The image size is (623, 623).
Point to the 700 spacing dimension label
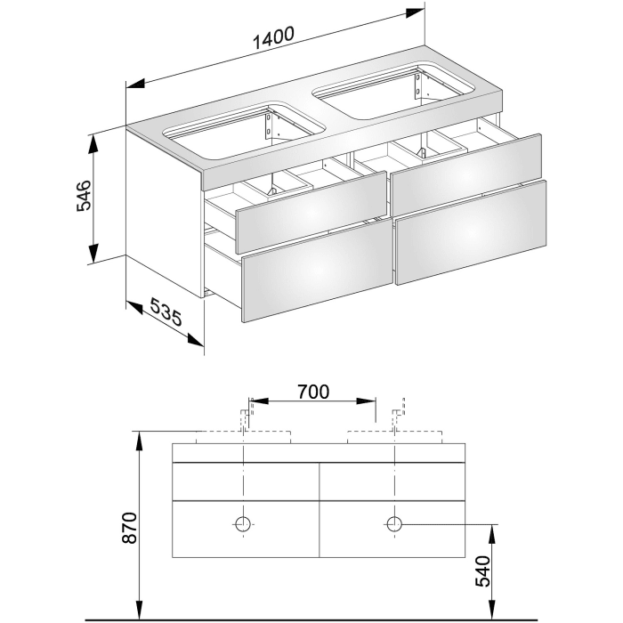click(x=312, y=391)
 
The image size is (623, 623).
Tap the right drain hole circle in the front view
click(x=394, y=523)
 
